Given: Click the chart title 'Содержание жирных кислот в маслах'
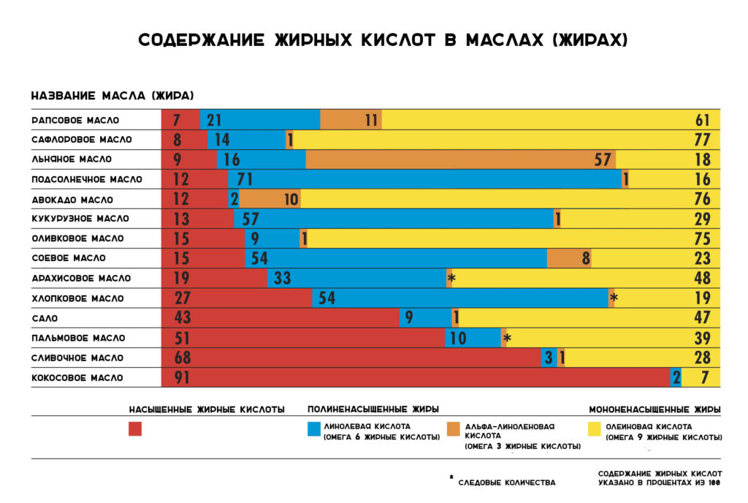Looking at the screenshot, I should pyautogui.click(x=383, y=40).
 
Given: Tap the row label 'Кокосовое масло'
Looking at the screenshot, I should pyautogui.click(x=77, y=378).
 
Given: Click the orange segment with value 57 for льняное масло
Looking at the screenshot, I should pyautogui.click(x=460, y=159).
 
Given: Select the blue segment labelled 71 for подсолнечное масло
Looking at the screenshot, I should pyautogui.click(x=424, y=179).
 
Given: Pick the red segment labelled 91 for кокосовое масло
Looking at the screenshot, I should pyautogui.click(x=416, y=378).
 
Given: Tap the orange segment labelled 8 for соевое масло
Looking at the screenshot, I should pyautogui.click(x=569, y=258).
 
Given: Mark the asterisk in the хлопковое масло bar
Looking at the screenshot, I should pyautogui.click(x=614, y=298).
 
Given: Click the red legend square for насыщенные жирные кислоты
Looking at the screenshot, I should pyautogui.click(x=135, y=429).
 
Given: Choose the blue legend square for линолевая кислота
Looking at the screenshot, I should pyautogui.click(x=314, y=429).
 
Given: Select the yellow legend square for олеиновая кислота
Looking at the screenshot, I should pyautogui.click(x=595, y=429).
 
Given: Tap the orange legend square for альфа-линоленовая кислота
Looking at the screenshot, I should pyautogui.click(x=453, y=429).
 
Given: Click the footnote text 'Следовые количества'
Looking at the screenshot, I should pyautogui.click(x=506, y=483).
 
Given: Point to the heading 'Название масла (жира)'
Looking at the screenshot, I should pyautogui.click(x=112, y=97).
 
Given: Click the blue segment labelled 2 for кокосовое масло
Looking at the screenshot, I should pyautogui.click(x=676, y=378).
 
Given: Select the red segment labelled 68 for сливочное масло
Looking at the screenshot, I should pyautogui.click(x=351, y=358).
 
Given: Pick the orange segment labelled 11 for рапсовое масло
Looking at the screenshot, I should pyautogui.click(x=351, y=120).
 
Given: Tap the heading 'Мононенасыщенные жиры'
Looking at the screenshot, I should pyautogui.click(x=654, y=409).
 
